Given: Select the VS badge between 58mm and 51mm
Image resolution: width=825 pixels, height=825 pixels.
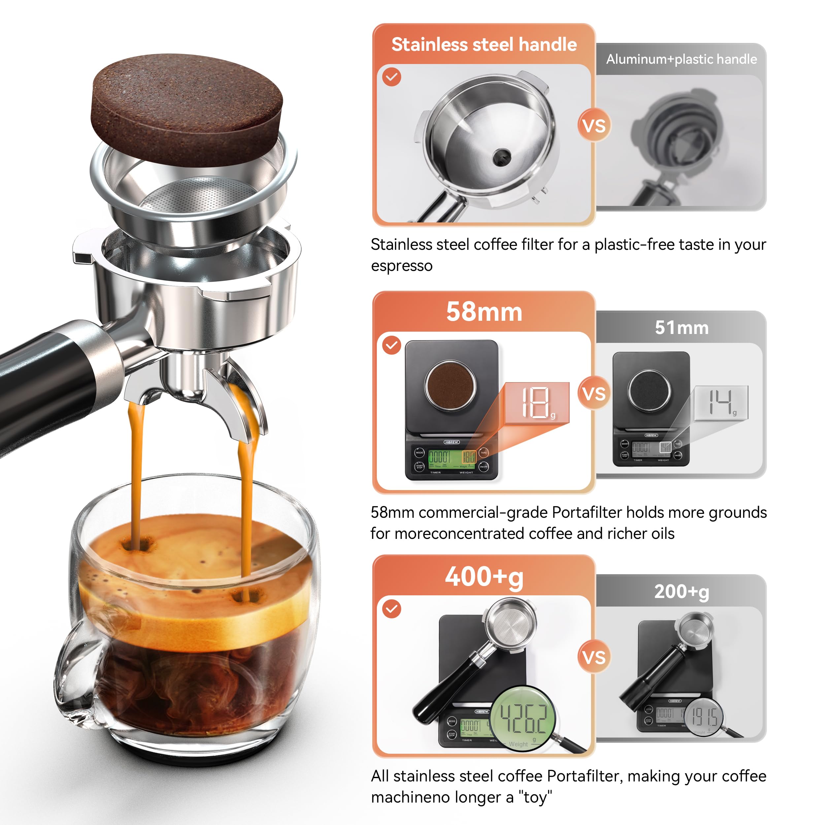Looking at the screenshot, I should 594,394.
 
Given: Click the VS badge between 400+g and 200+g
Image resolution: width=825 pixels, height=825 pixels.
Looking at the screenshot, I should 594,657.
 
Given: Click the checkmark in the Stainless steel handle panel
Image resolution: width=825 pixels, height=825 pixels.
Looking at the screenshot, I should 392,77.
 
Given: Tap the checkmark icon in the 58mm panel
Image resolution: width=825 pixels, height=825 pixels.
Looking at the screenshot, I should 392,345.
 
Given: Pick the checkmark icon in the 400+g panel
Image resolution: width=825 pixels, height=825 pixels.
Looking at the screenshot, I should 392,609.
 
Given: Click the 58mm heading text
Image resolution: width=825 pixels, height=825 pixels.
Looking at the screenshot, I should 484,312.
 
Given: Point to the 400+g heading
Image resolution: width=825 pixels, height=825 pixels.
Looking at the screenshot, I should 484,577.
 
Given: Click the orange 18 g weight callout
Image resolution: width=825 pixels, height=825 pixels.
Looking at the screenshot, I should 537,403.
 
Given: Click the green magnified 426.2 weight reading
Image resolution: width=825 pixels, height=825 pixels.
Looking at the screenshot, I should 523,718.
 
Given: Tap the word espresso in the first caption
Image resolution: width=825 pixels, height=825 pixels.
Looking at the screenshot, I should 401,266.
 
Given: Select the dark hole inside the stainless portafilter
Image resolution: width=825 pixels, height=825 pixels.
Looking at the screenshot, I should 501,157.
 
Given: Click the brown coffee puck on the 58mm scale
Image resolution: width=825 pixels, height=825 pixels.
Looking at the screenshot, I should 450,385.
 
